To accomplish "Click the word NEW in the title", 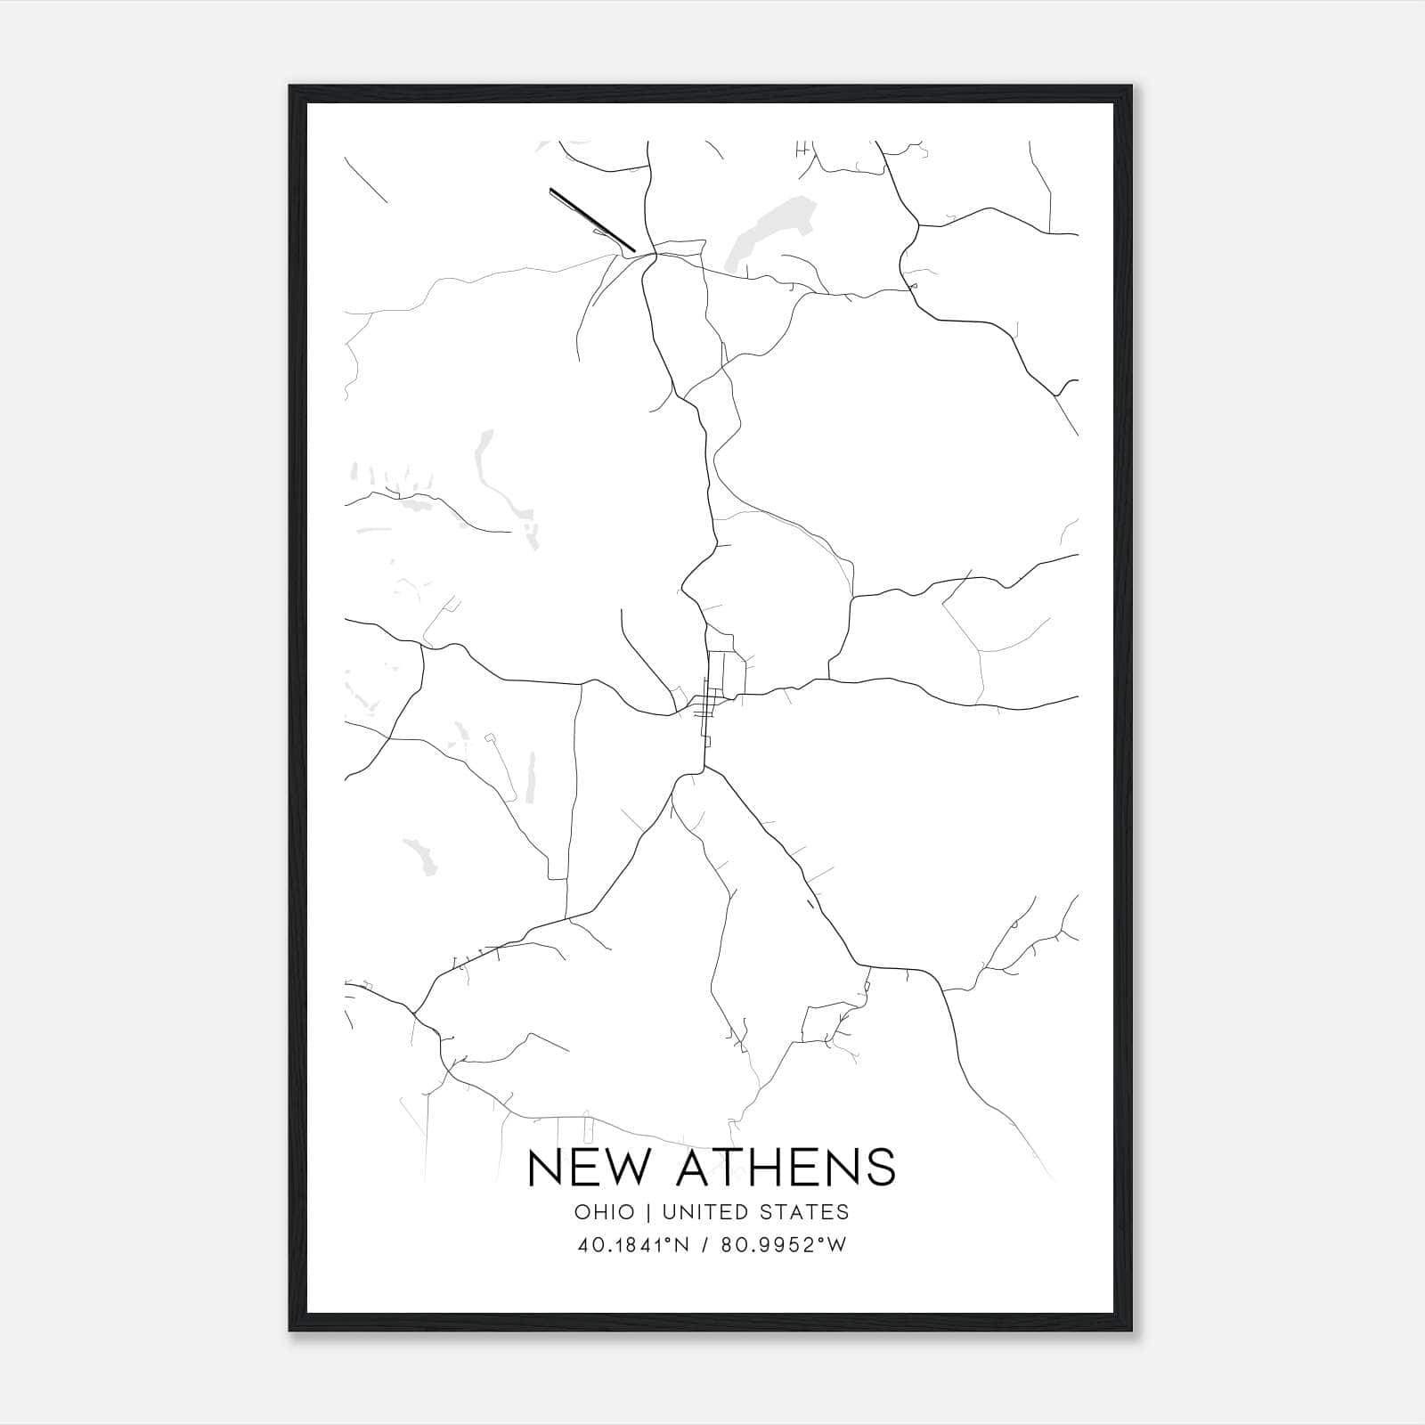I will (x=592, y=1167).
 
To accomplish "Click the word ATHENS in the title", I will (x=786, y=1167).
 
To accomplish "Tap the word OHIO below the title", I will (x=605, y=1212).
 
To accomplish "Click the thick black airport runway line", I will (x=591, y=219).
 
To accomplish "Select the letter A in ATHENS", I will (x=694, y=1167).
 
